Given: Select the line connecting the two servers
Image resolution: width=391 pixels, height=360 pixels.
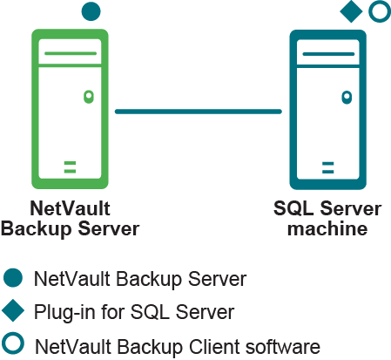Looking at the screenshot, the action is coord(199,112).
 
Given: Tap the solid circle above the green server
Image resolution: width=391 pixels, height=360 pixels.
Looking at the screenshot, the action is coord(91,11).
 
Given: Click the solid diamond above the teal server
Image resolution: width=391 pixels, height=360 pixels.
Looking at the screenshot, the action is coord(351,11).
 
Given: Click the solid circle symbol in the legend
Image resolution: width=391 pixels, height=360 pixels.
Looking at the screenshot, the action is coord(13,278).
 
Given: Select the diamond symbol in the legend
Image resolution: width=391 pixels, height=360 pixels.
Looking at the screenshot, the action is coord(13,311).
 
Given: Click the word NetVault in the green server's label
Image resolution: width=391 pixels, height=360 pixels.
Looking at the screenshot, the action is coord(70,208).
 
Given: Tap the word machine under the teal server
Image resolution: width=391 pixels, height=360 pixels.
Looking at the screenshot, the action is coord(327,228).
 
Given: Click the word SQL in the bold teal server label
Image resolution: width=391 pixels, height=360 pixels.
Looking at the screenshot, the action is coord(293,208).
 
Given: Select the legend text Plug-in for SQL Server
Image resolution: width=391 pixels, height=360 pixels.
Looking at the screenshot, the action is coord(134,312).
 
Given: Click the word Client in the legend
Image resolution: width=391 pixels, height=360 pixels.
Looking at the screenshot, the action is coord(214,347).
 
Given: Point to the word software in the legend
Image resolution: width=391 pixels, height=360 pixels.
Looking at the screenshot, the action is coord(283,347).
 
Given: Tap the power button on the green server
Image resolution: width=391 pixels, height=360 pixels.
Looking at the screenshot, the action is coord(89,97).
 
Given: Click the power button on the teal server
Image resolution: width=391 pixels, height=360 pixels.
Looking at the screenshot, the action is coord(347,98).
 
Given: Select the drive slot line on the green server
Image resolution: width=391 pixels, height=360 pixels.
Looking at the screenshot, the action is coord(71,53).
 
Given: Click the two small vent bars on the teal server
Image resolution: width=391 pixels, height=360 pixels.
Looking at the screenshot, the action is coord(328,167).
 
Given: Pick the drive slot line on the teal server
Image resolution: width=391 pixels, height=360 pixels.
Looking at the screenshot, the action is coord(328,54).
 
